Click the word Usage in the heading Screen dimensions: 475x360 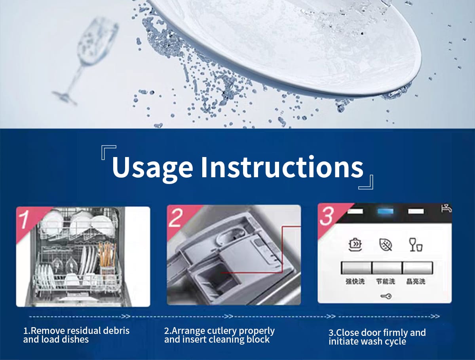[152, 168]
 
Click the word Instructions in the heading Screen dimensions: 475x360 [282, 167]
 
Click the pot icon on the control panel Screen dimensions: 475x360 [355, 244]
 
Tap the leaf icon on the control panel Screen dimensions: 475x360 [386, 244]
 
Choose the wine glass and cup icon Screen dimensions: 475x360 [416, 244]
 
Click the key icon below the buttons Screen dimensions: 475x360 [386, 296]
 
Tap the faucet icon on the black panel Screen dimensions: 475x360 [446, 208]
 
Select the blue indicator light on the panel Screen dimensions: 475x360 [386, 211]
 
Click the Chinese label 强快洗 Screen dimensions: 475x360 [355, 281]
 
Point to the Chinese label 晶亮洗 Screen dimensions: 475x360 [416, 281]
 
